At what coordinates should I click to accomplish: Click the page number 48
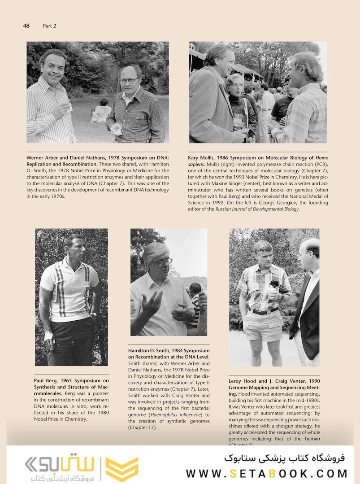pyautogui.click(x=26, y=26)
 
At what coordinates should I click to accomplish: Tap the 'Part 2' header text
pyautogui.click(x=49, y=26)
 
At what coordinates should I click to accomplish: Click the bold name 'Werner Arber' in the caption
pyautogui.click(x=42, y=158)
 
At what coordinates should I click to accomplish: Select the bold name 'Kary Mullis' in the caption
pyautogui.click(x=202, y=158)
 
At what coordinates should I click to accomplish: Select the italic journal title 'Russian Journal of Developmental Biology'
pyautogui.click(x=257, y=209)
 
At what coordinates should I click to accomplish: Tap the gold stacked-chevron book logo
pyautogui.click(x=121, y=469)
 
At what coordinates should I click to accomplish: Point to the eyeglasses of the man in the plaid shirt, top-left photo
pyautogui.click(x=129, y=80)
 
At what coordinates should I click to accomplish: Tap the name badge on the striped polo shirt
pyautogui.click(x=85, y=284)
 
